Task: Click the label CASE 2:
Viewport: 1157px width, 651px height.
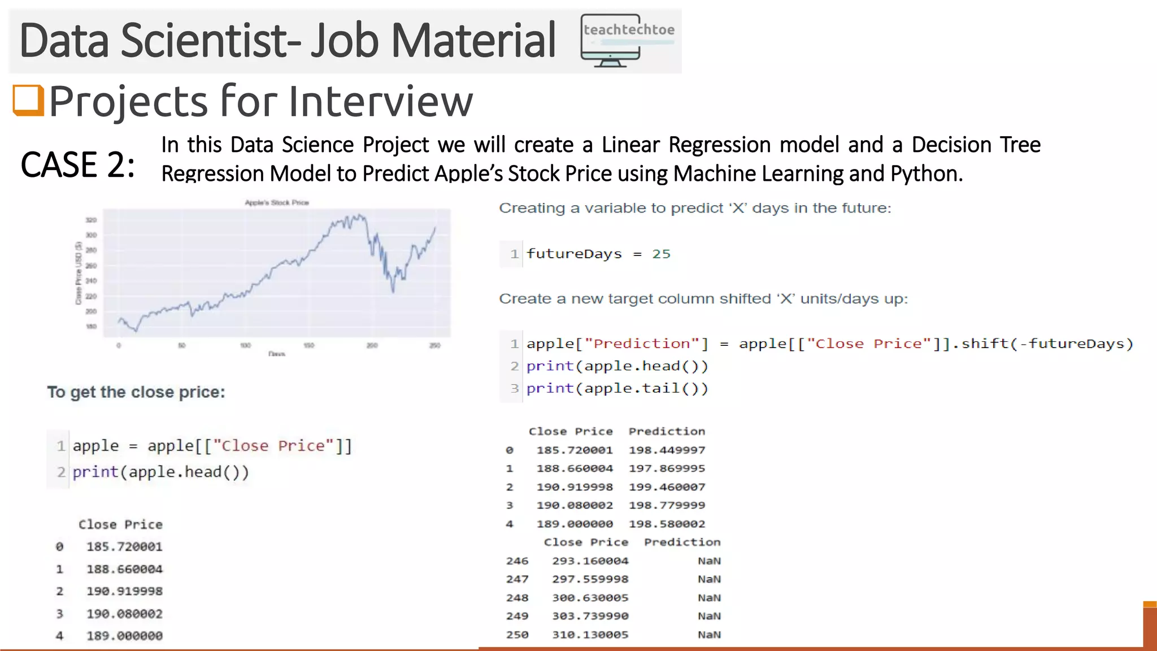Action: (78, 165)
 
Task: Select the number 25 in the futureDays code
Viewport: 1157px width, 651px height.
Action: (661, 254)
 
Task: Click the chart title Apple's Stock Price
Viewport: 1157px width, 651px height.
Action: (277, 202)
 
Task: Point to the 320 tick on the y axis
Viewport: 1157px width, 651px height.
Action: (91, 220)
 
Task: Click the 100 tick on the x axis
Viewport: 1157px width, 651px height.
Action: (245, 345)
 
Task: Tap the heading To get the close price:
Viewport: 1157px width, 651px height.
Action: (136, 392)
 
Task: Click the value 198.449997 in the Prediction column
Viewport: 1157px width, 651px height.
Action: (667, 450)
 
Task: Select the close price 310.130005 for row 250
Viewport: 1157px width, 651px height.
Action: (590, 635)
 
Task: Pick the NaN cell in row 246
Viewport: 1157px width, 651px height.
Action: (709, 561)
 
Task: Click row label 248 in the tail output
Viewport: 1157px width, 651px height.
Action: (517, 598)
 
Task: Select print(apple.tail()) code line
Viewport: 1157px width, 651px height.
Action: (617, 389)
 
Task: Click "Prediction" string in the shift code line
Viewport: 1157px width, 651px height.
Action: (642, 344)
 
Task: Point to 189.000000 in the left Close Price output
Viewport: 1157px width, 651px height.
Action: (124, 636)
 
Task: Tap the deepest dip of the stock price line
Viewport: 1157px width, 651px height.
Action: (393, 291)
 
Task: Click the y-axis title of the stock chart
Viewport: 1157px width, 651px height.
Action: (79, 273)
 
